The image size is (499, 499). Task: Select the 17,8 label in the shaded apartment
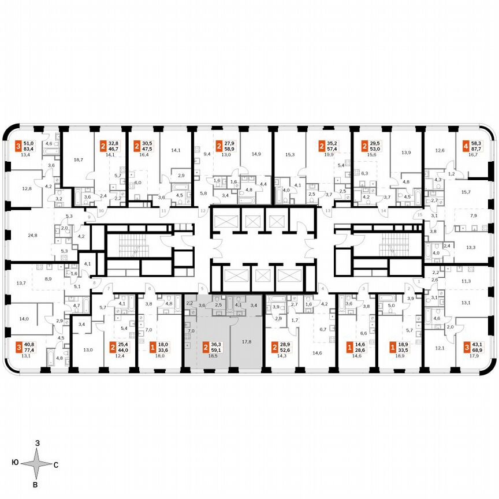click(x=247, y=341)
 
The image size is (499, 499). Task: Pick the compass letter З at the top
click(x=37, y=443)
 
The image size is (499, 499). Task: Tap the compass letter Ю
click(x=14, y=464)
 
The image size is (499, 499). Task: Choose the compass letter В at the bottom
click(x=36, y=485)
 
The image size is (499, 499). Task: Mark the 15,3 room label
click(x=290, y=154)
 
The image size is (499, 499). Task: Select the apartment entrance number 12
click(x=203, y=211)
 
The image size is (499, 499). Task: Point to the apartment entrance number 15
click(x=420, y=215)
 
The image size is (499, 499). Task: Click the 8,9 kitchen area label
click(x=49, y=278)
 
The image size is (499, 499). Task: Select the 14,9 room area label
click(x=256, y=154)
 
